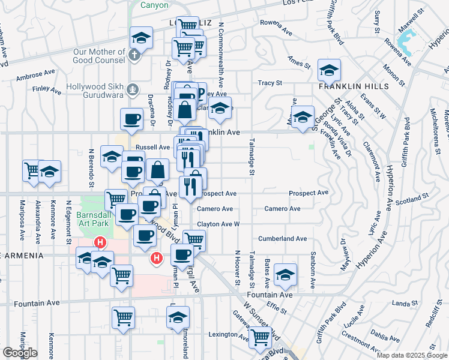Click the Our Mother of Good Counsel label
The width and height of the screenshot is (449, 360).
100,56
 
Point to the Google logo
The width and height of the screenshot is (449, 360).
20,352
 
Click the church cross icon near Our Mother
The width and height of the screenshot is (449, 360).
135,55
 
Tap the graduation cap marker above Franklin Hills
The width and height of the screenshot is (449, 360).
329,70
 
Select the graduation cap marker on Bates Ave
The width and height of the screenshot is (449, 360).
285,275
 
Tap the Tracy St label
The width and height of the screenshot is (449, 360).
270,83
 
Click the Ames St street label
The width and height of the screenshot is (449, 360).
298,61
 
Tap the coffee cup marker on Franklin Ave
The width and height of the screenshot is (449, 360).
131,119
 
